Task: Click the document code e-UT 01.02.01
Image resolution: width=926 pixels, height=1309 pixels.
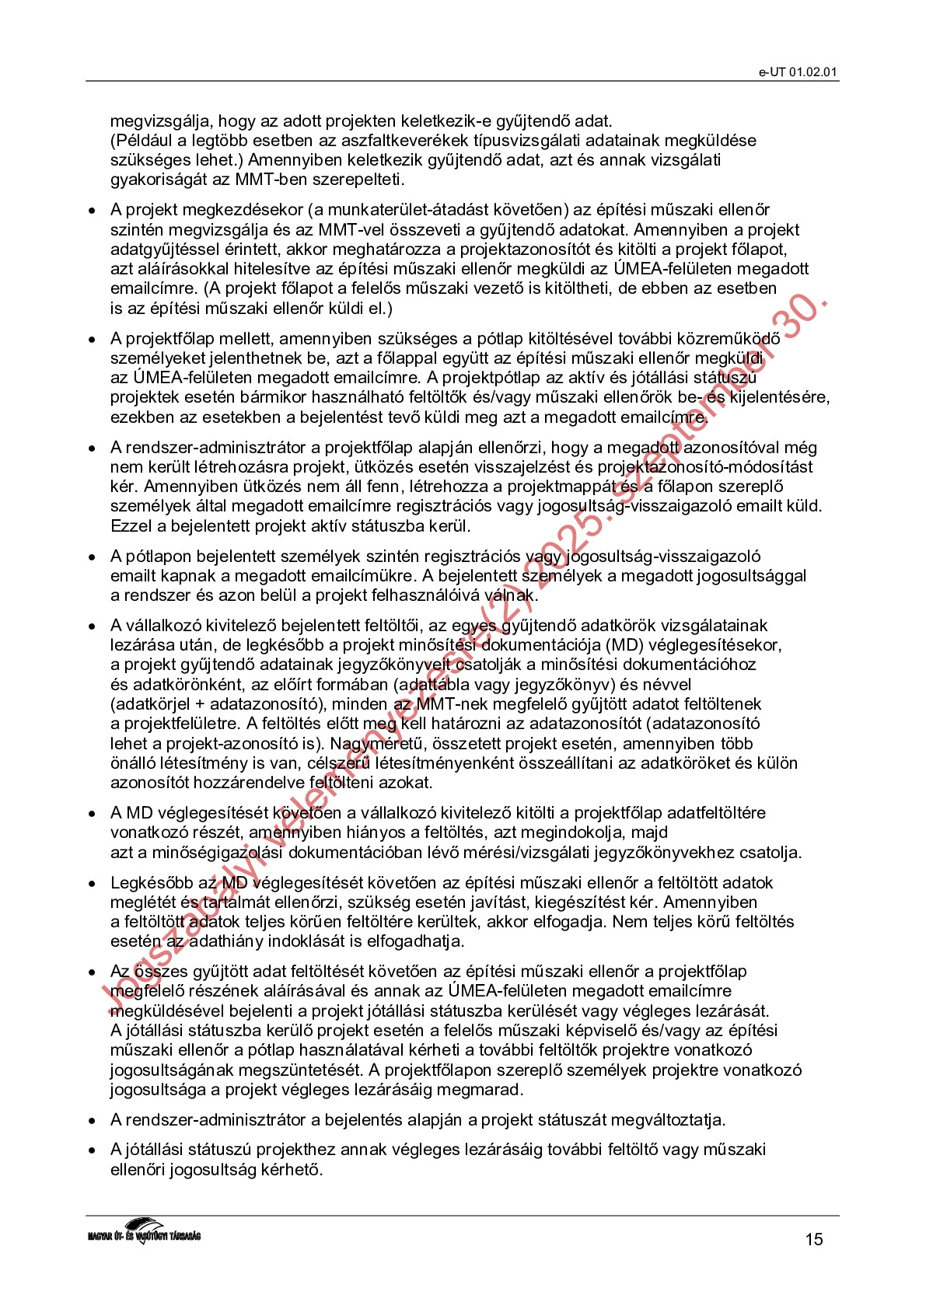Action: (798, 72)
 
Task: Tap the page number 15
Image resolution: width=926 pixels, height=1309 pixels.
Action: (813, 1239)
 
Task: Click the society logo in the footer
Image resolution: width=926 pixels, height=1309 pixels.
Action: (144, 1230)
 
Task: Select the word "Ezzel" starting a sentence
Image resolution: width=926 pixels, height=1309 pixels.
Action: (131, 525)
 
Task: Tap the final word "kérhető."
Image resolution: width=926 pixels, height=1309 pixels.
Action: (289, 1169)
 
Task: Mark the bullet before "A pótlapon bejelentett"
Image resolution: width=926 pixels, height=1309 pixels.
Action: (93, 557)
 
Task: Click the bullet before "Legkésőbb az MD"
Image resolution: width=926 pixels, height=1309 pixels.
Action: (93, 884)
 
